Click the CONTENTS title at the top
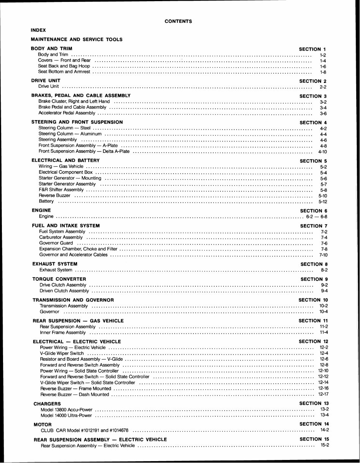point(178,21)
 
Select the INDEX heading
point(38,30)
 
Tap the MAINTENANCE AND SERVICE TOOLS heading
point(76,39)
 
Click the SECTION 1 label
point(312,49)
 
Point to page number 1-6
point(323,66)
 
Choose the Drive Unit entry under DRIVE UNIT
point(49,86)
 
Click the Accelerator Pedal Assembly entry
point(67,113)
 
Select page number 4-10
point(323,151)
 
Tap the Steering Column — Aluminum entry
point(70,134)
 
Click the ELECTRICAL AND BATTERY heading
point(65,160)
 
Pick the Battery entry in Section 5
point(46,201)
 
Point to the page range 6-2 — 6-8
point(317,216)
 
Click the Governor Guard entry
point(56,243)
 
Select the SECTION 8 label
point(314,264)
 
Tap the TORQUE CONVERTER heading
point(59,279)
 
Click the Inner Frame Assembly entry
point(63,332)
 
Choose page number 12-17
point(323,394)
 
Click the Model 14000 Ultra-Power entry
point(66,415)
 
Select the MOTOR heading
point(43,424)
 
